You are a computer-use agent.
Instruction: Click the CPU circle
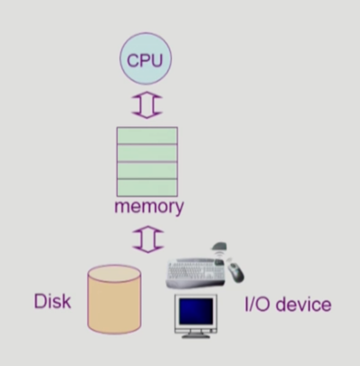145,58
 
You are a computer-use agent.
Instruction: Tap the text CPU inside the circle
145,61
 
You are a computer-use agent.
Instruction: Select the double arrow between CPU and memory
147,105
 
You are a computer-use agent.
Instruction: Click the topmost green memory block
147,136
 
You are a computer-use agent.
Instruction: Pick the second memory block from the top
147,153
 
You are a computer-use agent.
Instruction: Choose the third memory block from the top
147,170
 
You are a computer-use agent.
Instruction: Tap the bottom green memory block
147,188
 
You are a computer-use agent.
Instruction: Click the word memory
149,207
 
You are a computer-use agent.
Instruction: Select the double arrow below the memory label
148,239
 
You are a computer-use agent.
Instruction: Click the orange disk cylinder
114,299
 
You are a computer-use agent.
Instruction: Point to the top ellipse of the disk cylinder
114,274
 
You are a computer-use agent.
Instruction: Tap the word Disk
53,301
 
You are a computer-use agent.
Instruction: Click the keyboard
196,272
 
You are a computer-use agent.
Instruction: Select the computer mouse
235,272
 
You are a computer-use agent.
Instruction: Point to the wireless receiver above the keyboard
219,247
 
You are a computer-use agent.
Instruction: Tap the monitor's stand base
196,336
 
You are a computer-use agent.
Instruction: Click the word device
303,304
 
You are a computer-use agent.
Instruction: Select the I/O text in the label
257,304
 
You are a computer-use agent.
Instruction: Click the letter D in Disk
40,301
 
